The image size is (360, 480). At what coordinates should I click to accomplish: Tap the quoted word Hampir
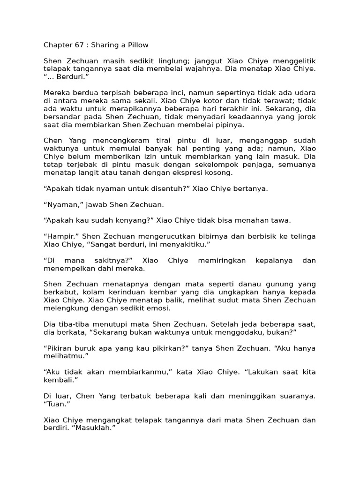(x=58, y=236)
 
